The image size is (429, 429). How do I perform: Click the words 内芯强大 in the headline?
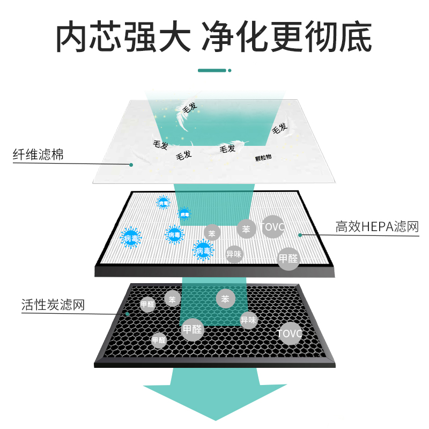click(x=123, y=36)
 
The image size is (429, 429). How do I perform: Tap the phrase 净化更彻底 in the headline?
click(x=287, y=36)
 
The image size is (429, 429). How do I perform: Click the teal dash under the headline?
click(x=212, y=70)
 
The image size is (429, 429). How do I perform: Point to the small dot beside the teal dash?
click(x=230, y=70)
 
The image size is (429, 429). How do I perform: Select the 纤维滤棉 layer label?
click(x=38, y=156)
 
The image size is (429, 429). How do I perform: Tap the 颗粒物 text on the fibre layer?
click(x=264, y=158)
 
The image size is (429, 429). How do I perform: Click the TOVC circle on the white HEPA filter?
click(x=272, y=227)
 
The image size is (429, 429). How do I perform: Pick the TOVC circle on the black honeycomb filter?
click(x=290, y=334)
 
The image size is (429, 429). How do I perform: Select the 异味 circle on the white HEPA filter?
click(x=234, y=254)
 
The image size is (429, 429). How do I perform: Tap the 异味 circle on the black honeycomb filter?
click(x=249, y=320)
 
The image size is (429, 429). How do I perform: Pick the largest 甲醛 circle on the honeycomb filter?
click(x=193, y=329)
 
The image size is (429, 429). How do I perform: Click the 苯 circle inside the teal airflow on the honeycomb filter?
click(x=225, y=299)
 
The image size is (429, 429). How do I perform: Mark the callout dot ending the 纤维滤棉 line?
click(x=131, y=165)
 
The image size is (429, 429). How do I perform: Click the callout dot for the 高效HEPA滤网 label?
click(x=300, y=234)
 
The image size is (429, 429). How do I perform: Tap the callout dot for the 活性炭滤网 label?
click(x=127, y=313)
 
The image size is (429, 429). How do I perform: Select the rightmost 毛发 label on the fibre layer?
click(x=280, y=128)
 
